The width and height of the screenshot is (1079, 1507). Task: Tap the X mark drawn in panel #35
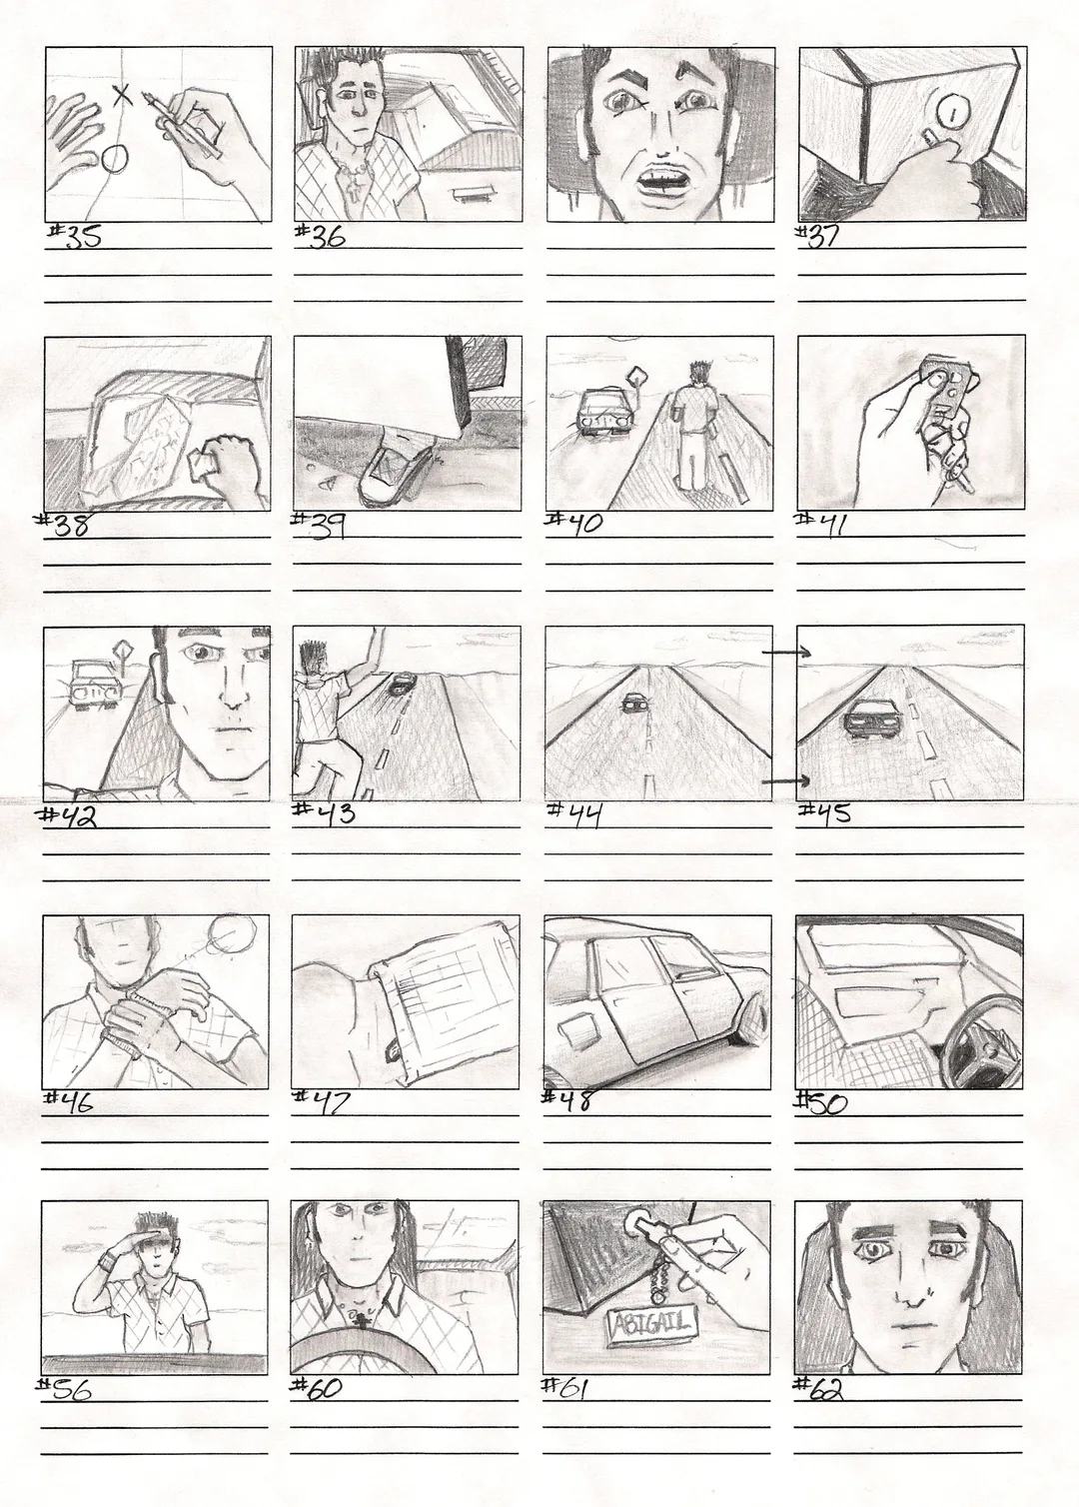pos(122,96)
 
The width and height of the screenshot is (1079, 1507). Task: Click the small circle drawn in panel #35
pos(115,160)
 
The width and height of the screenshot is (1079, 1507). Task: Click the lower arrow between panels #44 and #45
pos(785,780)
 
